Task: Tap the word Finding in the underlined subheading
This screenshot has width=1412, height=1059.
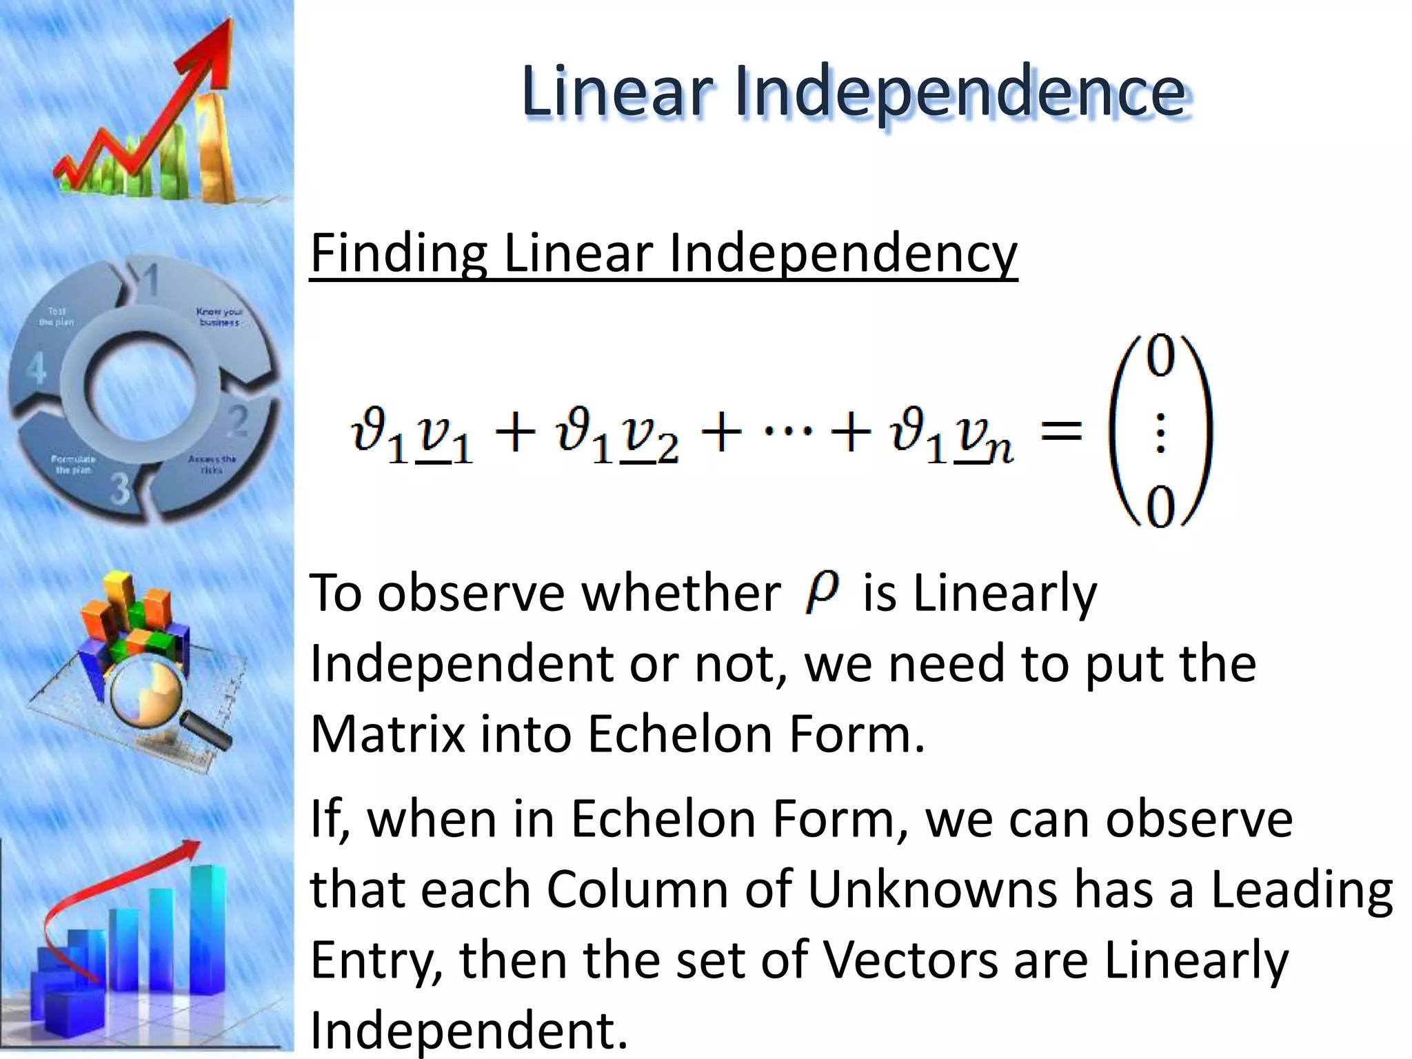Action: (399, 253)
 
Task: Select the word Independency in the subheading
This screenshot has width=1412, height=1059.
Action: (842, 253)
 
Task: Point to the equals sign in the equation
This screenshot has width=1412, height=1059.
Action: (1061, 433)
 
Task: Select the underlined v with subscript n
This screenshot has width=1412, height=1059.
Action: (982, 441)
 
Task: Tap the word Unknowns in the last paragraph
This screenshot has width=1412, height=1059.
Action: (931, 889)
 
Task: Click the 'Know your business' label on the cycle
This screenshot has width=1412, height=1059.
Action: (219, 316)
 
